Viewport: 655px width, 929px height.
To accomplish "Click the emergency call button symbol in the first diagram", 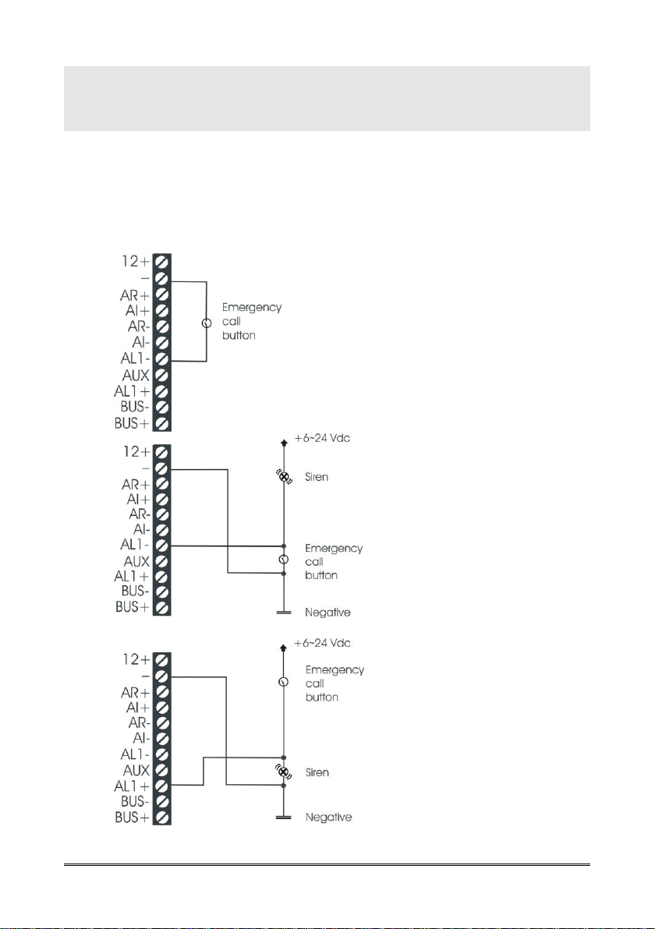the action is [x=207, y=323].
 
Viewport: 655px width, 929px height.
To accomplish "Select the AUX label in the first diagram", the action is [x=136, y=375].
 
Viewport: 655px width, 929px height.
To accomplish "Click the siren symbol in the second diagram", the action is [x=284, y=477].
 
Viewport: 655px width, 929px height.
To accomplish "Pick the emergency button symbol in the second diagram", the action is [x=284, y=560].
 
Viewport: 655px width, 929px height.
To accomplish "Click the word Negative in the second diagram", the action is [x=327, y=613].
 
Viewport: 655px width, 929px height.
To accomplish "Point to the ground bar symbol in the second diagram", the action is [x=284, y=613].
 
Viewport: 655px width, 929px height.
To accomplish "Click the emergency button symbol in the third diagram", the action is [x=284, y=682].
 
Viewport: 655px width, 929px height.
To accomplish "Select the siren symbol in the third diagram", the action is [x=284, y=772].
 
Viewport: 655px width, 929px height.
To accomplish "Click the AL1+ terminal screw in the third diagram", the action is [x=162, y=786].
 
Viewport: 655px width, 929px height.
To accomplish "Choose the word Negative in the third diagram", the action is [x=327, y=818].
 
